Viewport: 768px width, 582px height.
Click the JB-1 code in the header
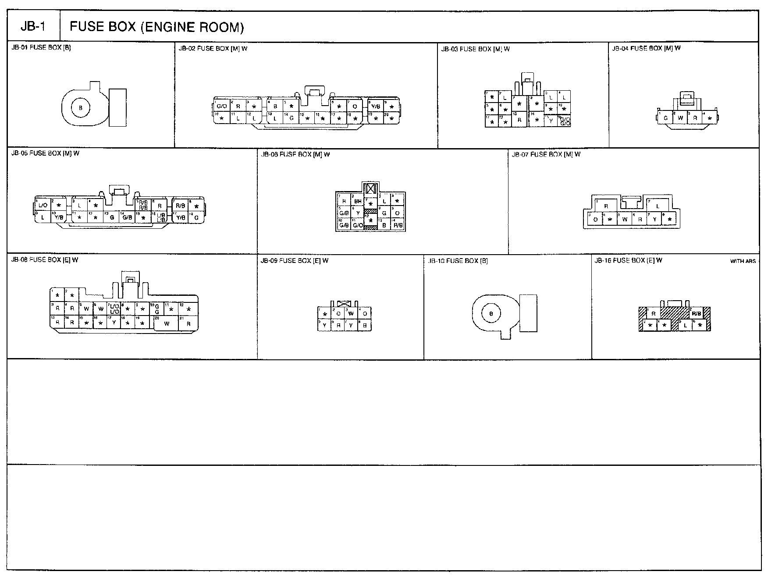click(33, 27)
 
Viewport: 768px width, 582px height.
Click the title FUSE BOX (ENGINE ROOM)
click(156, 27)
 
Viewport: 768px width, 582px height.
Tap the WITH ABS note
click(743, 261)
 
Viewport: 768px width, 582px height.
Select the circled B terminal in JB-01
click(80, 108)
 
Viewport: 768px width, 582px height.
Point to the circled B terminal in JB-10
click(491, 313)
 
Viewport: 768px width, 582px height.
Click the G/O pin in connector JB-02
click(222, 106)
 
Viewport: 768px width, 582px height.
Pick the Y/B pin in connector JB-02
click(375, 106)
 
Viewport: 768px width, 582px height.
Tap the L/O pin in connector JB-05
click(43, 206)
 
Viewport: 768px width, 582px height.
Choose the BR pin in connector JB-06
click(358, 202)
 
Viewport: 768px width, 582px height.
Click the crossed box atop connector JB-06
click(371, 189)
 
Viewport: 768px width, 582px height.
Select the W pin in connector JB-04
click(680, 118)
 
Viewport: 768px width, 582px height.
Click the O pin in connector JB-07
click(595, 220)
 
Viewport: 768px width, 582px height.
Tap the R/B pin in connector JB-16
click(696, 314)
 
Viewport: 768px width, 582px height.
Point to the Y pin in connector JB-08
click(114, 323)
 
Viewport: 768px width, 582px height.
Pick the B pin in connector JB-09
click(365, 325)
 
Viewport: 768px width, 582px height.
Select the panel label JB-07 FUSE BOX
click(546, 154)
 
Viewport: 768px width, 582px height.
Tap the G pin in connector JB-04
click(665, 118)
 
